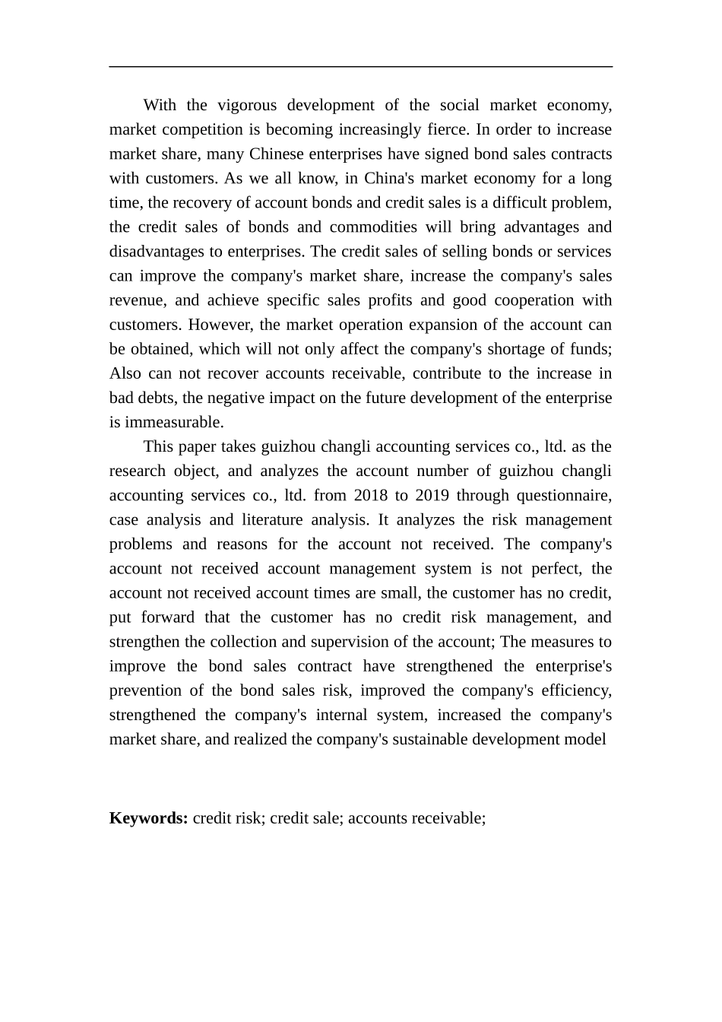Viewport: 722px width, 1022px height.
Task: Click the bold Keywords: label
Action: coord(149,818)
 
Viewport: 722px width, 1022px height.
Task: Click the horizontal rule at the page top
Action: coord(360,67)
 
